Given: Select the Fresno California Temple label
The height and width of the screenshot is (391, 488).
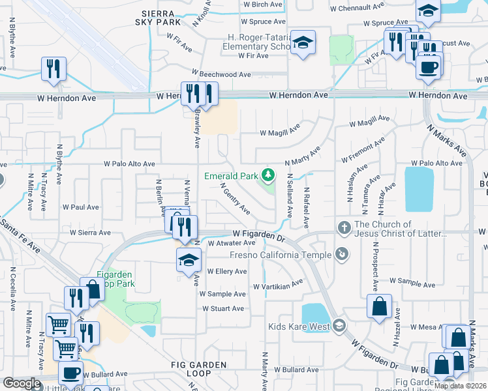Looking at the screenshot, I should click(x=290, y=255).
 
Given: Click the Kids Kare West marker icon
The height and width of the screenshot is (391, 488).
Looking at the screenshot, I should click(x=338, y=325).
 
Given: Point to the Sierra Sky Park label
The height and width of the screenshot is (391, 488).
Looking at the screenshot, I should click(x=158, y=18).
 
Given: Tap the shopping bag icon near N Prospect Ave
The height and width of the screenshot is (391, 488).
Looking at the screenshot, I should click(x=379, y=307).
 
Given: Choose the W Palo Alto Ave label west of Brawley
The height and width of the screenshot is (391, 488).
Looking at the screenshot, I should click(x=130, y=164).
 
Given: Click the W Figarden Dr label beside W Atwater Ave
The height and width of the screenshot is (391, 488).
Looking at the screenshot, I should click(x=260, y=234).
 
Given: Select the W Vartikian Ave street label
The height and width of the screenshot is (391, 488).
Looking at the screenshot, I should click(x=279, y=284).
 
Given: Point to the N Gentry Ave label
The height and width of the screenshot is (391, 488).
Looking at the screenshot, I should click(x=236, y=199).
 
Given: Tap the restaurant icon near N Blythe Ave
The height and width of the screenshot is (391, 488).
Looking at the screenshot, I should click(x=53, y=69).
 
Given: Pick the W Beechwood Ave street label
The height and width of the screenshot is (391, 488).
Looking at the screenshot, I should click(x=221, y=74).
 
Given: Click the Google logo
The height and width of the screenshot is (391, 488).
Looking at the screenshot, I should click(x=22, y=383).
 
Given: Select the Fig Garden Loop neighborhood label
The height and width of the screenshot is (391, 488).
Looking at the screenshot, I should click(x=199, y=369).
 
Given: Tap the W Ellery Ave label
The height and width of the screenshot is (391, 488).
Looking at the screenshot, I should click(x=227, y=271).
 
